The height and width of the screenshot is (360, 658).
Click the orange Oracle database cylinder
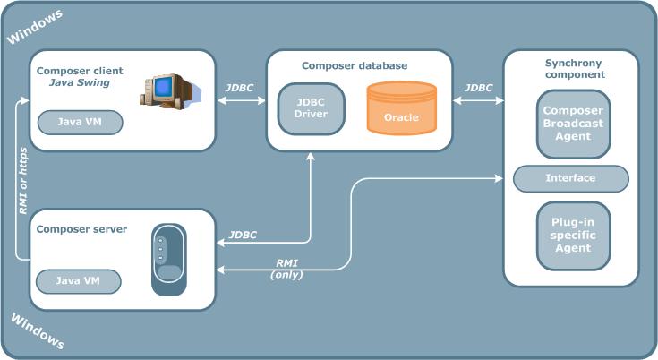coord(401,109)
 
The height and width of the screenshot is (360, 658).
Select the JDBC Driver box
coord(311,108)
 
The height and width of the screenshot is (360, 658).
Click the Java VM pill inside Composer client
coord(78,122)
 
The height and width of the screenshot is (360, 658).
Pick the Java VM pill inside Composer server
coord(78,281)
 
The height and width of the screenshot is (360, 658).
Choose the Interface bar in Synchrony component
coord(570,178)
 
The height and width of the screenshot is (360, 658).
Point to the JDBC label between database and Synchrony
coord(478,88)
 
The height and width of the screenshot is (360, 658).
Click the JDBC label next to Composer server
coord(243,235)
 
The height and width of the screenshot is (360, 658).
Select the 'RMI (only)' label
coord(287,268)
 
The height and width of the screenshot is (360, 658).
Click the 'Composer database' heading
coord(355,65)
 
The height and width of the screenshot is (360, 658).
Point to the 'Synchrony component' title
coord(575,68)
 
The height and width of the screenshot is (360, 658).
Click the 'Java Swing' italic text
coord(79,83)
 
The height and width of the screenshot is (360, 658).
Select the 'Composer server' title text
coord(81,229)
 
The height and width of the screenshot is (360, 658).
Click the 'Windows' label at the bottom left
coord(36,330)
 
